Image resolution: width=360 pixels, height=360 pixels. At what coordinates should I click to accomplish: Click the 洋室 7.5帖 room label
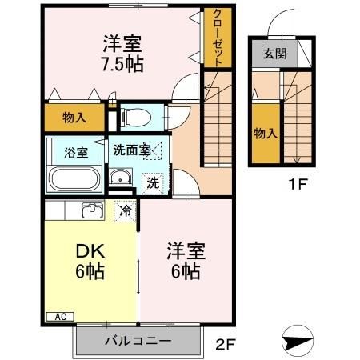[x=122, y=53]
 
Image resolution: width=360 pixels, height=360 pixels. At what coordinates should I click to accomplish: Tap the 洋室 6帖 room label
[x=185, y=261]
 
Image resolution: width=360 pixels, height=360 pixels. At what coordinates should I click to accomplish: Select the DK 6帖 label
[x=90, y=261]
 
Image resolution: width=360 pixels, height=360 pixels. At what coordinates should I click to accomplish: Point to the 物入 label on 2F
[x=74, y=118]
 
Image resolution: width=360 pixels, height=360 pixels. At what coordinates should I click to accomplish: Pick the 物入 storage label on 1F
[x=263, y=134]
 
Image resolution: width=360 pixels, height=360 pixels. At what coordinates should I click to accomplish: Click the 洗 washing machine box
[x=152, y=182]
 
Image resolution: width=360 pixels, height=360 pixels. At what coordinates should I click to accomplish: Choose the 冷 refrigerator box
[x=125, y=212]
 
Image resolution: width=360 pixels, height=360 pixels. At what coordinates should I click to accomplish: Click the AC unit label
[x=61, y=316]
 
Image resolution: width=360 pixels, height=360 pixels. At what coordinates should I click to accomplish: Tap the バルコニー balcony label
[x=137, y=342]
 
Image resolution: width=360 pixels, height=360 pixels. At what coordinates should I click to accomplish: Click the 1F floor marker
[x=298, y=182]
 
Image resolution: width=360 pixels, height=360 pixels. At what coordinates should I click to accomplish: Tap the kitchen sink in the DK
[x=90, y=211]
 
